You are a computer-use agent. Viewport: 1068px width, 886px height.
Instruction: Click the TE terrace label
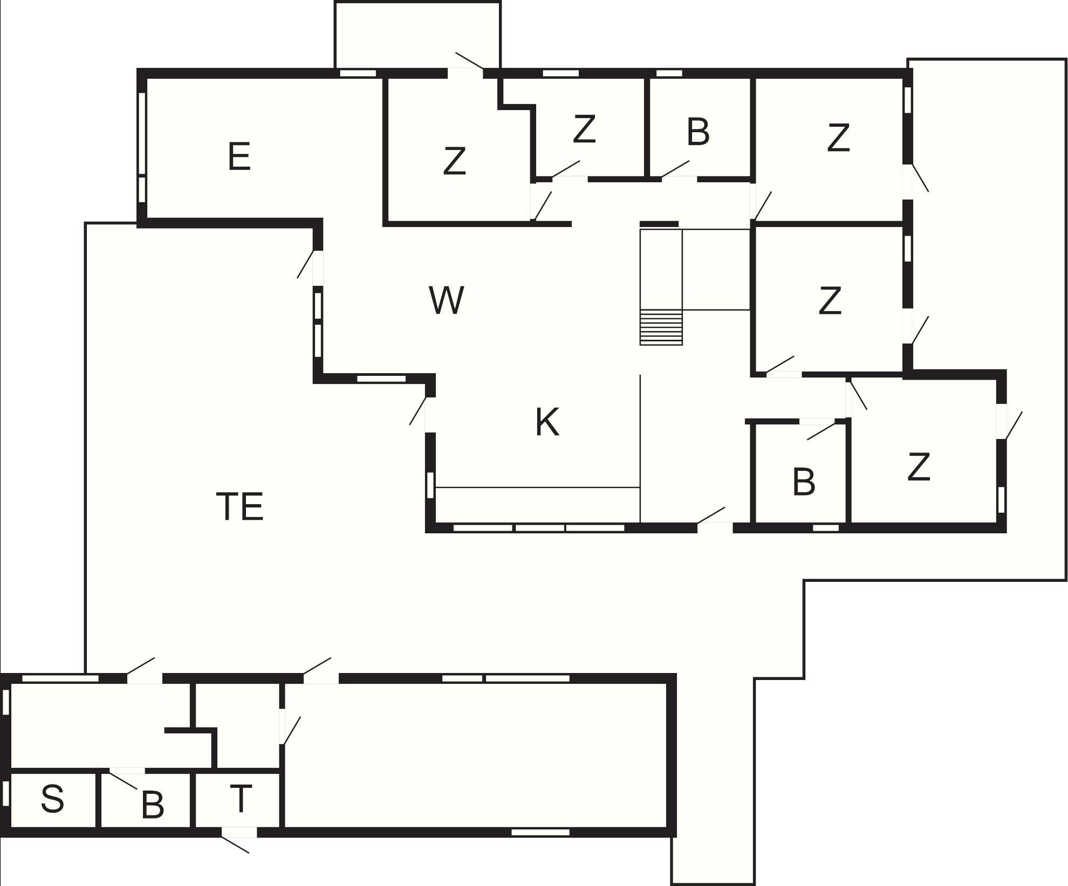coord(240,506)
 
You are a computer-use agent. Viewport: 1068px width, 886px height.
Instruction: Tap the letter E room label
coord(239,156)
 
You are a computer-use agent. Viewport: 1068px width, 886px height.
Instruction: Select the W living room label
coord(447,300)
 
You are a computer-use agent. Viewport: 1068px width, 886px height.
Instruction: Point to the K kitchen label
coord(547,422)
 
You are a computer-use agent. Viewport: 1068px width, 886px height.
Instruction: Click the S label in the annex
coord(52,799)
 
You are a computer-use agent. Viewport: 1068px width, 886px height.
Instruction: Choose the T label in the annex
coord(241,798)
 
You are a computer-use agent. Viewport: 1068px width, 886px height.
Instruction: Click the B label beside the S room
coord(153,805)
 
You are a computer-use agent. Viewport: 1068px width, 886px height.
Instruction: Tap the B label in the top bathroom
coord(698,132)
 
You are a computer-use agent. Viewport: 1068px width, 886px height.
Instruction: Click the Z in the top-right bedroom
coord(838,138)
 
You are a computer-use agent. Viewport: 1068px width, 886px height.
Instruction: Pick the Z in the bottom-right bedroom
coord(919,466)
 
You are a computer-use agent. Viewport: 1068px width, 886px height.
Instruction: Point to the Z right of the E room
coord(454,161)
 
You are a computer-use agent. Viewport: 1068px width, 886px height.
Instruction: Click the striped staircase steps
coord(661,327)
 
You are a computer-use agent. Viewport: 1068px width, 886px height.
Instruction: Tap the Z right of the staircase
coord(830,300)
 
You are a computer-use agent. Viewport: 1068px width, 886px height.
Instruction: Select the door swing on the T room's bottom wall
coord(235,843)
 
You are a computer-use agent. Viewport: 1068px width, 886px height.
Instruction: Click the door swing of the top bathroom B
coord(675,169)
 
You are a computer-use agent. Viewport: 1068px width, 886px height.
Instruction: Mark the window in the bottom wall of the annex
coord(540,832)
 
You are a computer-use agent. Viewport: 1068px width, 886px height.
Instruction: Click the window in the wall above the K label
coord(381,379)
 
